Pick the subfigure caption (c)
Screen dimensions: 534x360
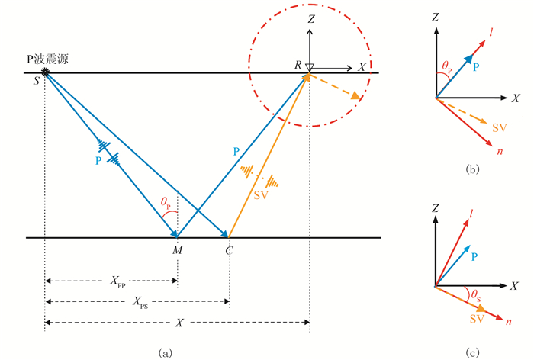473,353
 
